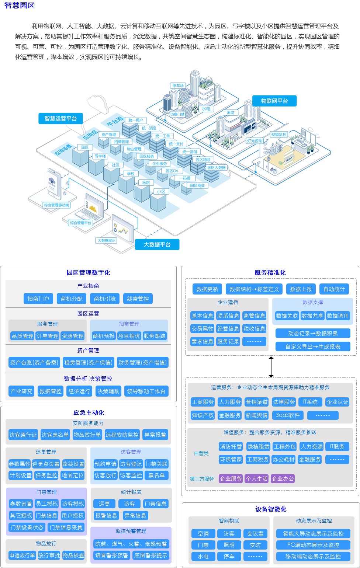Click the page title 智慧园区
(x=20, y=6)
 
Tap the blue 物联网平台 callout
(x=274, y=101)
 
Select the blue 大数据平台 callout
(x=157, y=245)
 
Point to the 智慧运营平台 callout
(x=60, y=119)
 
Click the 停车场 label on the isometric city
(x=178, y=86)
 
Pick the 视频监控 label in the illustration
(x=279, y=135)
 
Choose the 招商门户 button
(x=38, y=299)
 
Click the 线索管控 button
(x=138, y=299)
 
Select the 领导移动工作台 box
(x=146, y=391)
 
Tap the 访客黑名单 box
(x=55, y=435)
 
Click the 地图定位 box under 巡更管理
(x=73, y=475)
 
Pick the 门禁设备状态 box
(x=27, y=527)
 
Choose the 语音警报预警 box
(x=112, y=555)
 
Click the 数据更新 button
(x=207, y=289)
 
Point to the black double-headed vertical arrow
(x=271, y=367)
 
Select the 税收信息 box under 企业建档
(x=254, y=328)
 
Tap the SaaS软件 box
(x=288, y=415)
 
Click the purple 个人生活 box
(x=257, y=478)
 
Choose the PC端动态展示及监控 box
(x=313, y=545)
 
